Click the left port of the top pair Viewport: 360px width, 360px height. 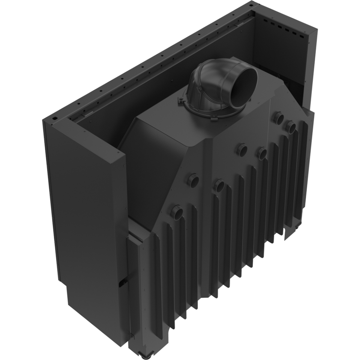[x=279, y=118]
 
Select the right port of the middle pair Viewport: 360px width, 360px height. [x=261, y=153]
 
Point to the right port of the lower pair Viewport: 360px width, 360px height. [x=219, y=185]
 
